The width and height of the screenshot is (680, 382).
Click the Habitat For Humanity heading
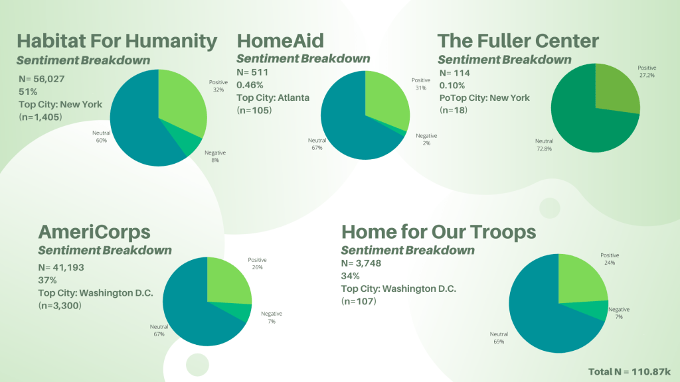point(117,41)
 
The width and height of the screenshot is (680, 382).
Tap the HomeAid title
point(280,41)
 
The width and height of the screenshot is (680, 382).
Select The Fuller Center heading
point(518,41)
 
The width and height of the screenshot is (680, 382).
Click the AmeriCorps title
point(94,231)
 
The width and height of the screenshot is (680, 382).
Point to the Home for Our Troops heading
point(438,231)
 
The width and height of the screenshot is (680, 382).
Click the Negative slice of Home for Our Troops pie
point(598,309)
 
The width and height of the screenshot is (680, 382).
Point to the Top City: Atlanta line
point(273,97)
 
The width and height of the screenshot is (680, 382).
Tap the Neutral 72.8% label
point(545,145)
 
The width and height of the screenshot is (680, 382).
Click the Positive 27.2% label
point(647,72)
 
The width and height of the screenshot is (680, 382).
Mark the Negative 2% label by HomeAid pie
point(426,140)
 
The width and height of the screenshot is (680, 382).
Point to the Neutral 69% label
point(499,338)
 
